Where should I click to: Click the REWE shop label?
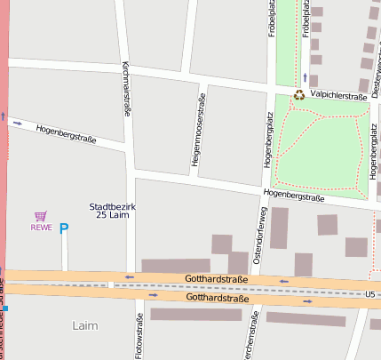[42, 227]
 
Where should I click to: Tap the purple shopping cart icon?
[40, 215]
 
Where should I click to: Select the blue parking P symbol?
[63, 228]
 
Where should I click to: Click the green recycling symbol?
[300, 95]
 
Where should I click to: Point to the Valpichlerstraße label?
[337, 96]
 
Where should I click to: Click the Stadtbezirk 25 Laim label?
[112, 210]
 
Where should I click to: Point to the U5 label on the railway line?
[371, 293]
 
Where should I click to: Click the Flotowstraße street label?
[139, 337]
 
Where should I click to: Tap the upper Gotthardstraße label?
[216, 279]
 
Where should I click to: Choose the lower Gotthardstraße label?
[216, 299]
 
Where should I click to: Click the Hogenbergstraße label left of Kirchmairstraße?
[66, 134]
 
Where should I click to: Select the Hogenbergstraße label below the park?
[293, 196]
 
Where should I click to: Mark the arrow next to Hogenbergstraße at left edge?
[18, 123]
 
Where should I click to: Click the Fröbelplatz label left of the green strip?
[272, 20]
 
